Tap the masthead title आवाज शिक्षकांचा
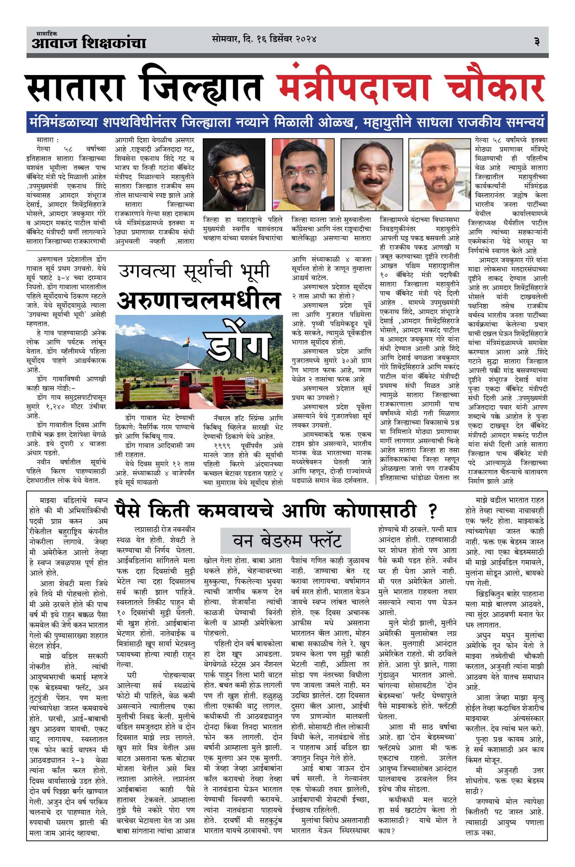[x=88, y=43]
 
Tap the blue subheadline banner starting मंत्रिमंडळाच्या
[x=287, y=122]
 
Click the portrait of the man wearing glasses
[x=234, y=174]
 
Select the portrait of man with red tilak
[x=303, y=174]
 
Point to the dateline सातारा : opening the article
[x=48, y=140]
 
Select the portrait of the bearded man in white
[x=438, y=174]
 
